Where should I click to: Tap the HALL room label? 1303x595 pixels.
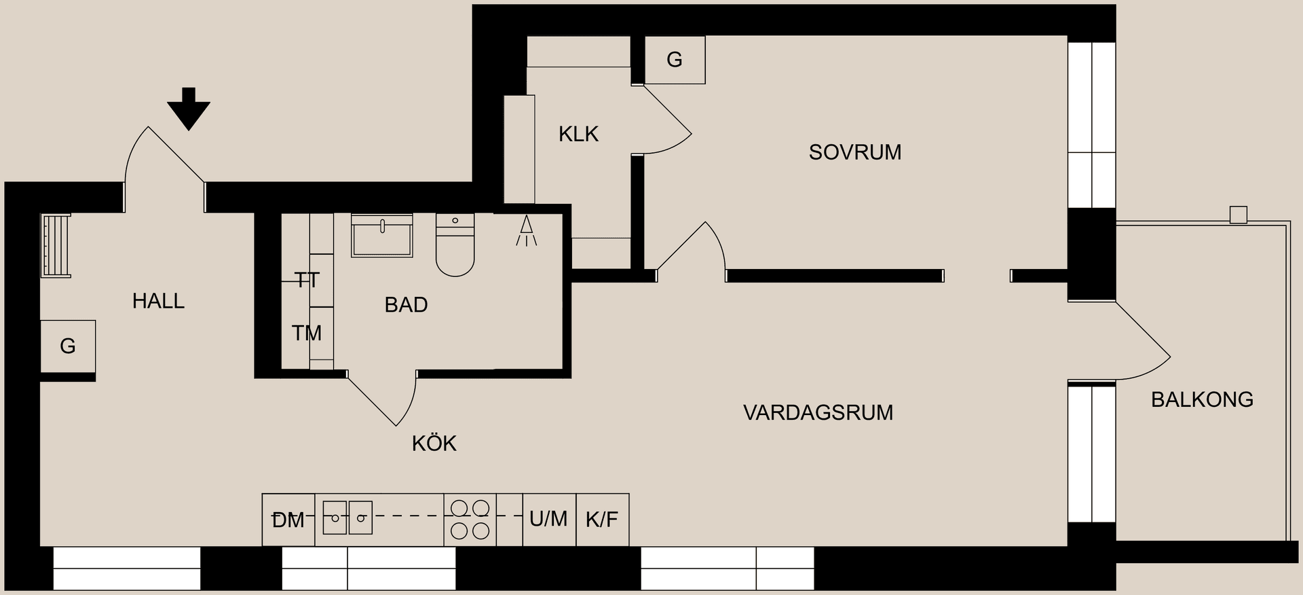(158, 301)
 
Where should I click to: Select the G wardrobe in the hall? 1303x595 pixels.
(68, 346)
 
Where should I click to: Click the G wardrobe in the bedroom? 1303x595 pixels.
(675, 60)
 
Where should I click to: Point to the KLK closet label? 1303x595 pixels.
(578, 134)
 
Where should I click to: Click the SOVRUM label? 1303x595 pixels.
(854, 152)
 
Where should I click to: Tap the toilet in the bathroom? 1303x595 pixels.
(455, 246)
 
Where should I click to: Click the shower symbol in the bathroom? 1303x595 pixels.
(526, 232)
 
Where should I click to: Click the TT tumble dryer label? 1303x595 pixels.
(307, 280)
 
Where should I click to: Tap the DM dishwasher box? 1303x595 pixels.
(288, 520)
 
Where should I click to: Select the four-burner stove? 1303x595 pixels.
(470, 520)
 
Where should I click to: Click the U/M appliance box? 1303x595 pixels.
(548, 520)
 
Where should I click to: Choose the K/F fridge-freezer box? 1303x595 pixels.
(602, 520)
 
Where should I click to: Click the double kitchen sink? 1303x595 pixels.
(347, 518)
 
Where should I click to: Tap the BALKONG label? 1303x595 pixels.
(1202, 399)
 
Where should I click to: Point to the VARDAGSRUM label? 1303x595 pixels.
(818, 412)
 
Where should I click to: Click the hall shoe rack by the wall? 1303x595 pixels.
(56, 246)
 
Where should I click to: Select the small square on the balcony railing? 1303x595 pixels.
(1238, 215)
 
